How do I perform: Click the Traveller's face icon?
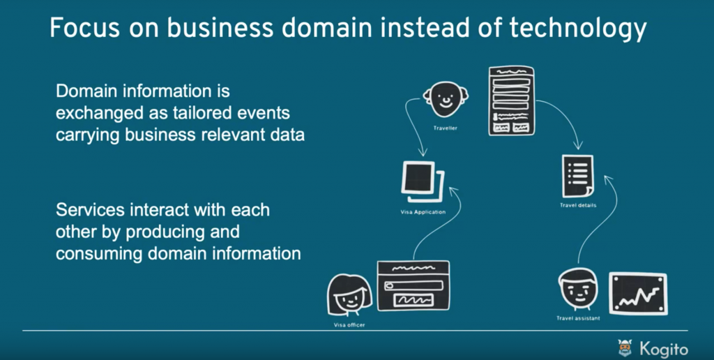click(444, 100)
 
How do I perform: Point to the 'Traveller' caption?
click(445, 128)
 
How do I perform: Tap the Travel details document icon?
click(578, 176)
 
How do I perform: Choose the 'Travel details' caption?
click(578, 205)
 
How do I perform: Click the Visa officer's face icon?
click(348, 294)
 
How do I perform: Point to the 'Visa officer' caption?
click(349, 325)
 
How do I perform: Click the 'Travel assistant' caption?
click(578, 319)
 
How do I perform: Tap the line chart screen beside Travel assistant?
click(638, 293)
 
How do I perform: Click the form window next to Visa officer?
click(413, 285)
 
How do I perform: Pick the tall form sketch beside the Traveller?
click(511, 100)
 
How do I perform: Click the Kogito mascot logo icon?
click(625, 347)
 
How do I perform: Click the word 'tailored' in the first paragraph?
click(204, 113)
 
